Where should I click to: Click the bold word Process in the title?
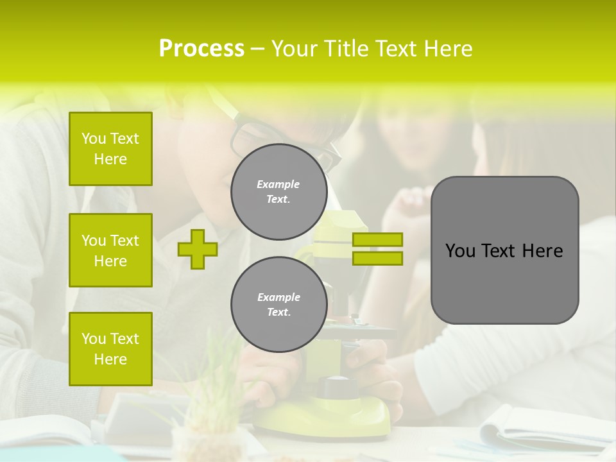tap(201, 49)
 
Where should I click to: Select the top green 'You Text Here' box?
tap(110, 149)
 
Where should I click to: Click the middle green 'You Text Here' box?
tap(110, 250)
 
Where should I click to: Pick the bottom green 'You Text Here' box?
tap(110, 348)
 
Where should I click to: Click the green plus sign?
tap(198, 249)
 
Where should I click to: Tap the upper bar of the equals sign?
tap(377, 239)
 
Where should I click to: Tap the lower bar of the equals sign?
tap(377, 258)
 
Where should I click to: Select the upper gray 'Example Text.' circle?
tap(278, 191)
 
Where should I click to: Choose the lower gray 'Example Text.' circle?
tap(278, 304)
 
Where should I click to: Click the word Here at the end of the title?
tap(448, 49)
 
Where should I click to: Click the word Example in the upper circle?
tap(278, 184)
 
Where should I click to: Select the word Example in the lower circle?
tap(278, 297)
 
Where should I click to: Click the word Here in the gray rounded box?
tap(542, 251)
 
